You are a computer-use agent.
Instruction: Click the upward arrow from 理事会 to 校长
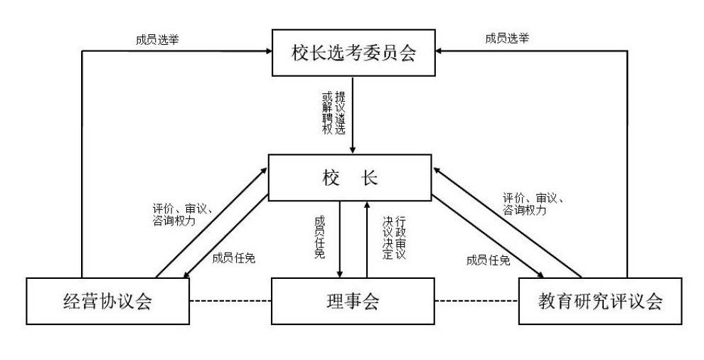(367, 238)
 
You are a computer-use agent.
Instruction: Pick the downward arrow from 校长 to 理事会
(341, 238)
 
